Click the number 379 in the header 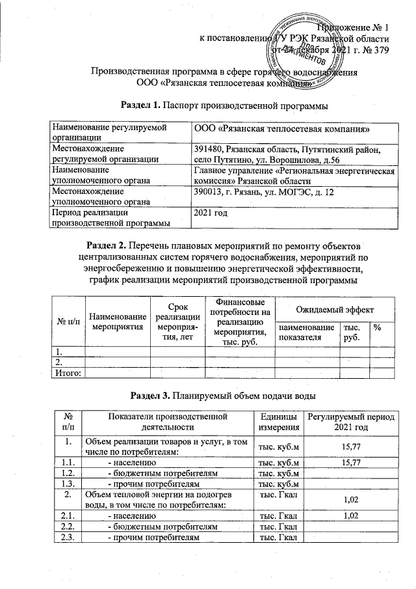coord(380,51)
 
